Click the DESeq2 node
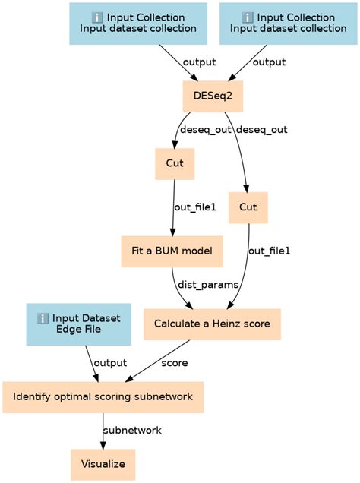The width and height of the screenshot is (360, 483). [213, 97]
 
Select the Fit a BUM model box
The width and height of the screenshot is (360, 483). [172, 251]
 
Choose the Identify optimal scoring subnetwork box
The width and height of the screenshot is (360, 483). [103, 396]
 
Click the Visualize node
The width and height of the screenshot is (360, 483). [103, 463]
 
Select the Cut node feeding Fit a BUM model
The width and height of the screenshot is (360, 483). [175, 163]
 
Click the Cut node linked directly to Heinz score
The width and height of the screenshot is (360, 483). [248, 207]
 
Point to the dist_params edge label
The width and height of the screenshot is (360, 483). [207, 285]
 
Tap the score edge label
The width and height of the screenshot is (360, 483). [174, 362]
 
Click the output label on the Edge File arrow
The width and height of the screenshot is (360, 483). [111, 362]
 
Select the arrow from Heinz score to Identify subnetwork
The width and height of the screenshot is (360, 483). [152, 365]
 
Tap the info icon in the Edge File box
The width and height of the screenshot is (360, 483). [43, 317]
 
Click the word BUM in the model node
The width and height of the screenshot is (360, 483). [172, 251]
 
